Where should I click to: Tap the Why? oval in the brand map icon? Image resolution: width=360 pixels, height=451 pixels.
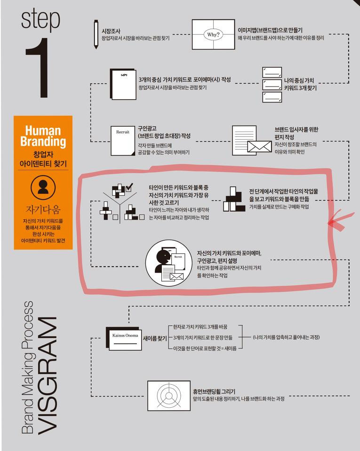tap(213, 34)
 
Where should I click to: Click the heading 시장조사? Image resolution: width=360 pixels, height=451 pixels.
tap(109, 31)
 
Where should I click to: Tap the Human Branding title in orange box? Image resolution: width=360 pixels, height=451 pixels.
tap(43, 135)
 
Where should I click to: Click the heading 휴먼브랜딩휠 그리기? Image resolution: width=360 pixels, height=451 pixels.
tap(214, 391)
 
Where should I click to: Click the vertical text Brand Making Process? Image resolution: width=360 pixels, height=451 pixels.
tap(28, 367)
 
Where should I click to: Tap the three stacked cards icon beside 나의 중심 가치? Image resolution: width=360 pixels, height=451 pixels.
tap(272, 85)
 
